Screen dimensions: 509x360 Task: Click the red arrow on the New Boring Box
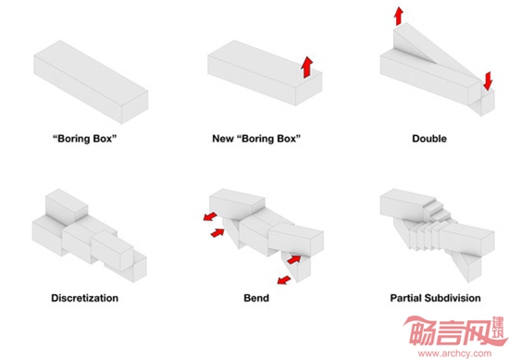point(306,68)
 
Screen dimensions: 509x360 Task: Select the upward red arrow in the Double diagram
point(399,17)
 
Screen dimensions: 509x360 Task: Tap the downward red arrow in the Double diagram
point(488,81)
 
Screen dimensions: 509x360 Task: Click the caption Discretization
point(85,298)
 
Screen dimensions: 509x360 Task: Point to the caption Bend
point(256,298)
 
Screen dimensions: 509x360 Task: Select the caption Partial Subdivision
point(435,298)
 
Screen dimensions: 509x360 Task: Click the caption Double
point(429,139)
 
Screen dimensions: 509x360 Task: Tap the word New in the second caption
point(223,139)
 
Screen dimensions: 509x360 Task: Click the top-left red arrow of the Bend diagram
point(210,217)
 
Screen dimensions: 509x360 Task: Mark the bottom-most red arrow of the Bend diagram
point(284,279)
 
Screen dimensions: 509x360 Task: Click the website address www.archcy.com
point(454,354)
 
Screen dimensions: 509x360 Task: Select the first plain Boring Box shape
point(91,81)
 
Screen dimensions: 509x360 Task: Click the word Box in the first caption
point(105,139)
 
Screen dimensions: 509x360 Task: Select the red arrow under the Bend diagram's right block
point(294,259)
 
